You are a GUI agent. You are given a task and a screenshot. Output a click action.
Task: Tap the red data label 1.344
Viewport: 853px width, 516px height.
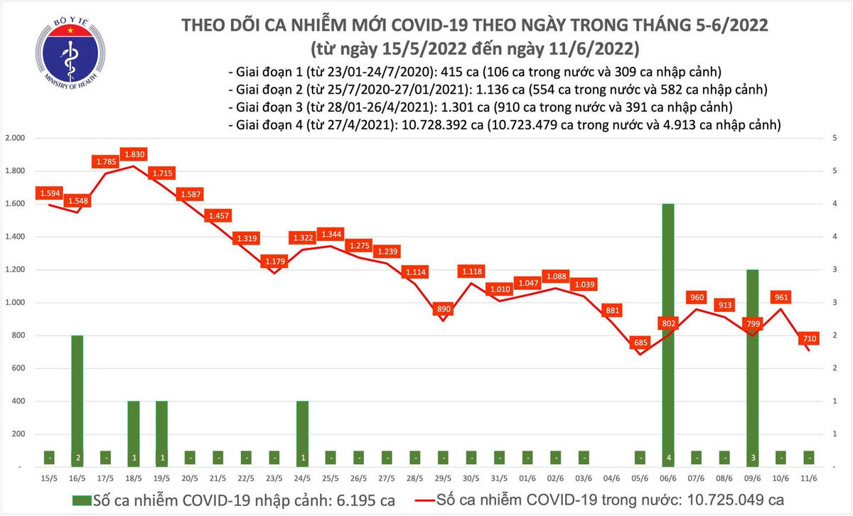(331, 234)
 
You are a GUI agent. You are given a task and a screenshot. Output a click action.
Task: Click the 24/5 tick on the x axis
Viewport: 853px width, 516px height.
(301, 480)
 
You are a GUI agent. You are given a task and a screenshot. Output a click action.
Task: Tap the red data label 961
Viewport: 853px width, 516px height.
(780, 297)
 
